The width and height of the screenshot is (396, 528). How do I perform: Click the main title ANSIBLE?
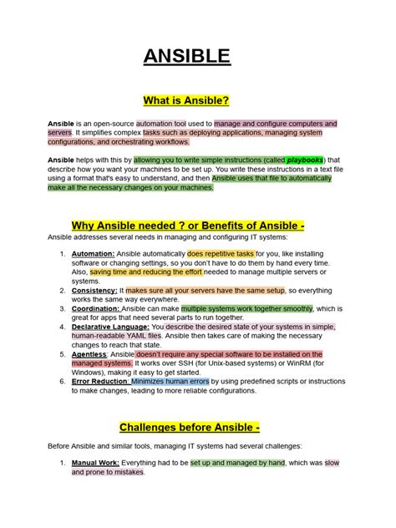[x=197, y=57]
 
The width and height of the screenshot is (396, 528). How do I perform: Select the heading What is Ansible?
[x=197, y=101]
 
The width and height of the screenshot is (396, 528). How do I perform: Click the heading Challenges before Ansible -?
[x=190, y=428]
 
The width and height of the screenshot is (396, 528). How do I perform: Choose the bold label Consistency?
[x=94, y=290]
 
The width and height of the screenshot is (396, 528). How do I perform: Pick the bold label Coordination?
[x=96, y=308]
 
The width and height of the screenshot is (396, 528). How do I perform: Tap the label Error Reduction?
[x=100, y=382]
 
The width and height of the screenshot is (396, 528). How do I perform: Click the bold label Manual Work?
[x=96, y=462]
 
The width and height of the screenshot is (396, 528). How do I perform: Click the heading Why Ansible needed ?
[x=131, y=226]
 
